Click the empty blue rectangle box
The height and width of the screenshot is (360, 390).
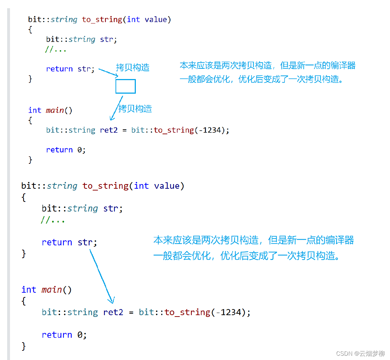[125, 86]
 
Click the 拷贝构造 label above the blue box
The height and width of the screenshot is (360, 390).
[133, 68]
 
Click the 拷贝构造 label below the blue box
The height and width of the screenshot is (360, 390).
[135, 109]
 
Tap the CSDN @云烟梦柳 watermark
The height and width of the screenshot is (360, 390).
[360, 353]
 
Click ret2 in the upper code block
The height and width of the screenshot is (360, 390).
[109, 130]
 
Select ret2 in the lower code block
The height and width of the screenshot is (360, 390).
[113, 312]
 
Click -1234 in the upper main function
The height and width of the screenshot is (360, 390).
[210, 130]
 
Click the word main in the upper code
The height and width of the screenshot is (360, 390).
[55, 110]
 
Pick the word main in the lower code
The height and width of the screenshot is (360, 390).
[52, 290]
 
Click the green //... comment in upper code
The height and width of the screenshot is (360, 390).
[56, 49]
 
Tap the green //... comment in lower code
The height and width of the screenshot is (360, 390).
[53, 220]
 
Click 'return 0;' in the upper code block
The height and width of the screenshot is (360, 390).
[66, 150]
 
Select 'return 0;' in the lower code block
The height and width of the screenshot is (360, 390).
[64, 335]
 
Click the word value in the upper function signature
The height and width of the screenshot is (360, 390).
[156, 20]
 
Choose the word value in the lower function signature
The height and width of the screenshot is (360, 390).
[167, 186]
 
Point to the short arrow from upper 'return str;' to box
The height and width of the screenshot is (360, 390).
[108, 73]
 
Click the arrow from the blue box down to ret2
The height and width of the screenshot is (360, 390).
[117, 108]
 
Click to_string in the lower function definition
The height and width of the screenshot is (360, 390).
[106, 186]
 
